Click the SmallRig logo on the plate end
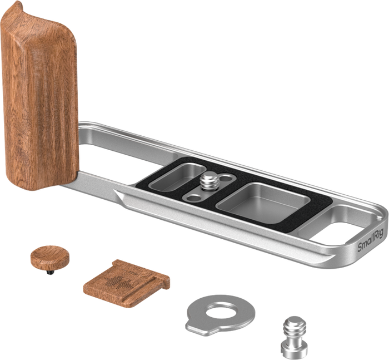coord(370,240)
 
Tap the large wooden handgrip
coord(39,97)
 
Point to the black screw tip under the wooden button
coord(50,272)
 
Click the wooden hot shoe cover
coord(127,283)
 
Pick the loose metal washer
coord(220,315)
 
